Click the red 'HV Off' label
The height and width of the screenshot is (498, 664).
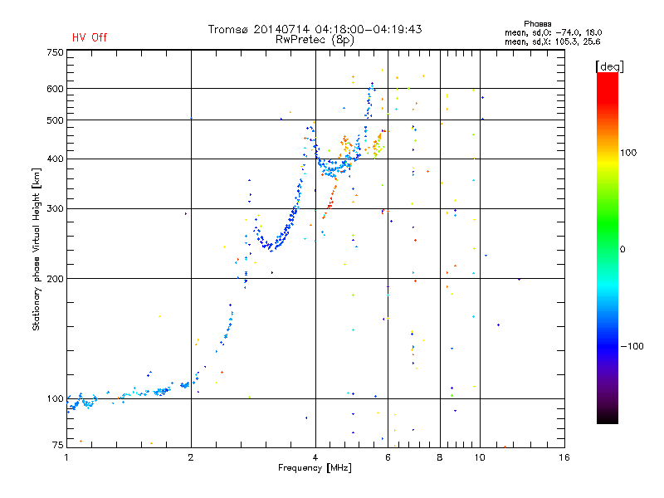pyautogui.click(x=89, y=37)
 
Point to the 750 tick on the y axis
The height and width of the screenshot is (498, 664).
pyautogui.click(x=56, y=52)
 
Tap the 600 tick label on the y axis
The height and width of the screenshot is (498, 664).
pyautogui.click(x=56, y=89)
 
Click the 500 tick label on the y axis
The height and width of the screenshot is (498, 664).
pyautogui.click(x=56, y=120)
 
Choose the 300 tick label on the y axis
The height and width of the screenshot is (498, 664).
pyautogui.click(x=56, y=208)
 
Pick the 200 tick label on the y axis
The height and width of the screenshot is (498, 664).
pyautogui.click(x=56, y=279)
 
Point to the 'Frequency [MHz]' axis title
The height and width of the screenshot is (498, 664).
pyautogui.click(x=315, y=469)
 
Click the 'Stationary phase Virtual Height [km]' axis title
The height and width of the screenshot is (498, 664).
pyautogui.click(x=37, y=249)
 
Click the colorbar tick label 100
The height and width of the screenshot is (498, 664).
pyautogui.click(x=630, y=153)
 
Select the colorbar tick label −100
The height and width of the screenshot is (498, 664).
pyautogui.click(x=632, y=345)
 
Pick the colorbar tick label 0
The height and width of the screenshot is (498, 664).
pyautogui.click(x=624, y=249)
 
